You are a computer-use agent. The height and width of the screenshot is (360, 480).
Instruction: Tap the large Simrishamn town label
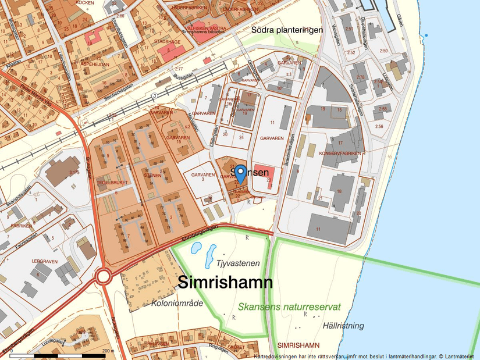coord(225,283)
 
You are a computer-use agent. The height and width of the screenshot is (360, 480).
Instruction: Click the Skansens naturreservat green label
coord(289,306)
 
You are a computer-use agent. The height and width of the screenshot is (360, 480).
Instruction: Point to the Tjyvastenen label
coord(237,263)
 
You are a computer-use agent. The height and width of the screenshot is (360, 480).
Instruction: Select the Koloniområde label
coord(177,303)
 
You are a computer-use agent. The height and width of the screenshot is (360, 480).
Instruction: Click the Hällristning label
coord(344,326)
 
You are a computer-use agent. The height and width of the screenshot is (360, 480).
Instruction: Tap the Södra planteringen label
coord(287,30)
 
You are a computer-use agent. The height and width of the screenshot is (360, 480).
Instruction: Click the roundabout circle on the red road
coord(104,276)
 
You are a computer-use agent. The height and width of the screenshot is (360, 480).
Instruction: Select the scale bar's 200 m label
coord(107,351)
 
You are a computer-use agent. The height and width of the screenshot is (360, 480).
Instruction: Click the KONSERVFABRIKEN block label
coord(341,154)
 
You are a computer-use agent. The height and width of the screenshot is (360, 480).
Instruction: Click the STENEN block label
coord(152,174)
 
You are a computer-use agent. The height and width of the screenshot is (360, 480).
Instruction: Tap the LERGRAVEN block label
coord(45,262)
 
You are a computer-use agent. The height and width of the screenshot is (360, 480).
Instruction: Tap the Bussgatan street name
coord(200,76)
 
